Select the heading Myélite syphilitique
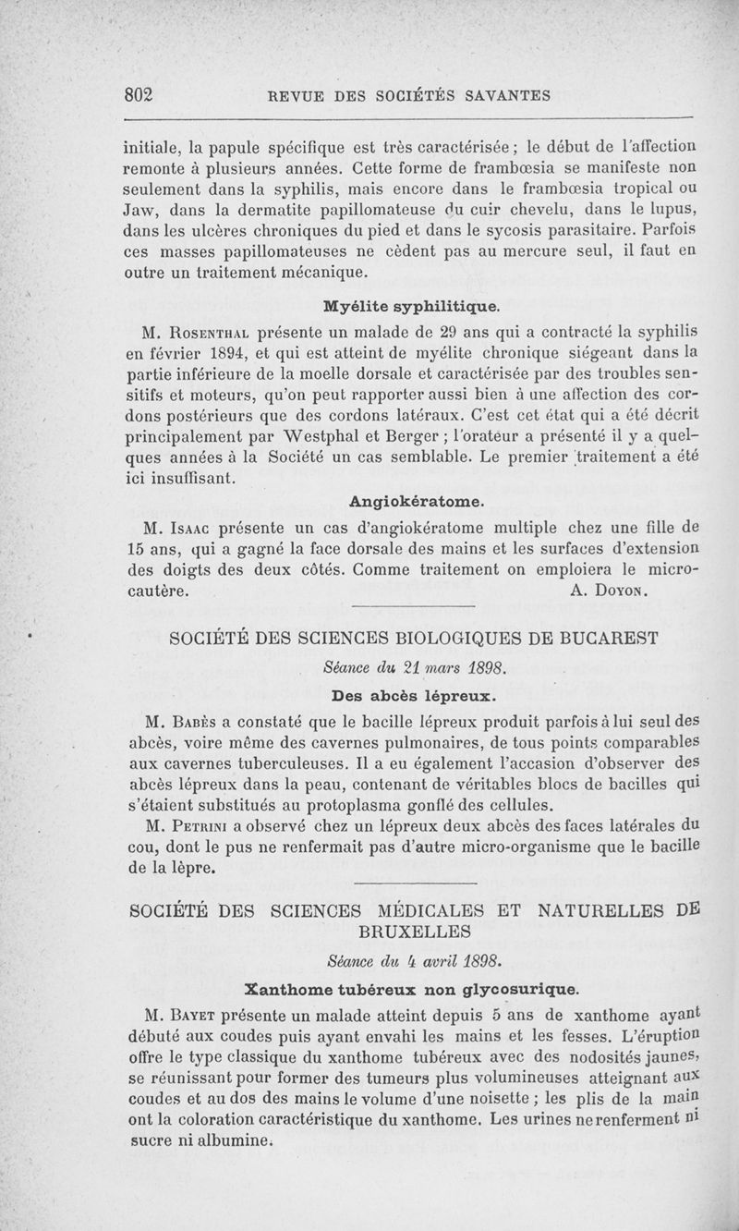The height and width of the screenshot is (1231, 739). point(410,303)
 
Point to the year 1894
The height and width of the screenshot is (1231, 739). point(223,352)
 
